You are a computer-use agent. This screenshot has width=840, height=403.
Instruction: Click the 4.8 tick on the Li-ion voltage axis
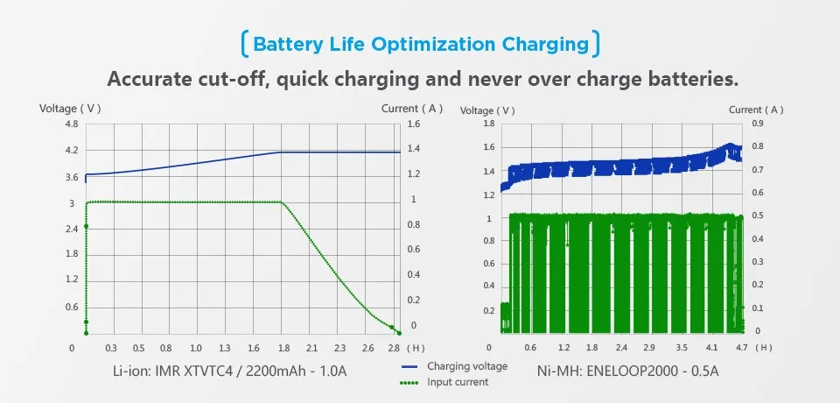(73, 124)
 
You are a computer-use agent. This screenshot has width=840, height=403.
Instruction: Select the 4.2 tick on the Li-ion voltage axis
(73, 151)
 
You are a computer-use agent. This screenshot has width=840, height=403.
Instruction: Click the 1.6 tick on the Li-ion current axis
(414, 124)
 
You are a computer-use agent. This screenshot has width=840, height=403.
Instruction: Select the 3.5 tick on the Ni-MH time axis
(681, 347)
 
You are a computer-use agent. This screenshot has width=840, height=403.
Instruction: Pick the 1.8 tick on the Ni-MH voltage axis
(488, 124)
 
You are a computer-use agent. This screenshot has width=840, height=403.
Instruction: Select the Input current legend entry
(458, 382)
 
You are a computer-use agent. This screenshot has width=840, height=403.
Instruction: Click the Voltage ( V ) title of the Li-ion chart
(71, 109)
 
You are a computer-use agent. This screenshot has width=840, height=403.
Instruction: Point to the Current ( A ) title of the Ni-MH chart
(756, 110)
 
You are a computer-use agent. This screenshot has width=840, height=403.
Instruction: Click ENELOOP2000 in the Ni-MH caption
(632, 371)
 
